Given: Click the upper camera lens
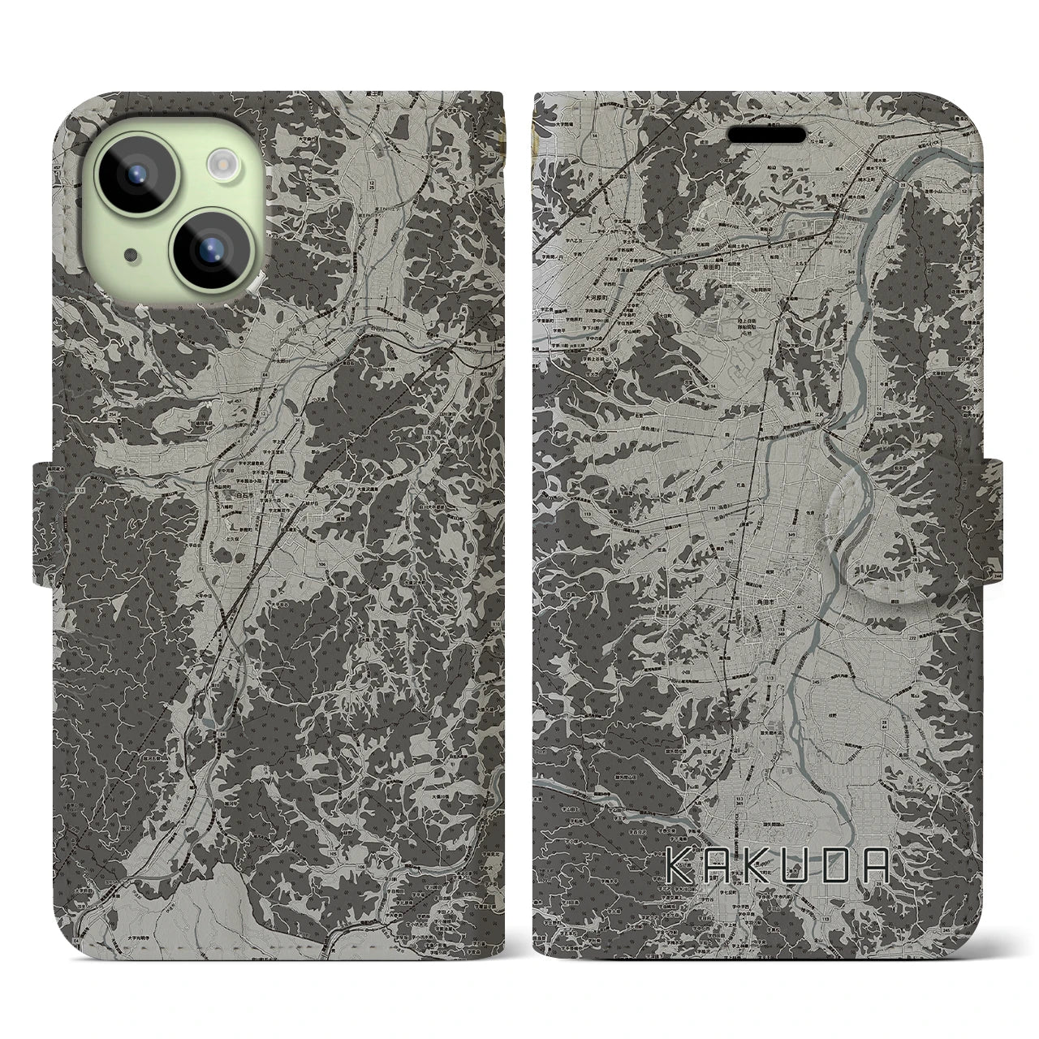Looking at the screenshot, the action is point(136,172).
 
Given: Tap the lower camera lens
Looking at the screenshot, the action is point(209,248).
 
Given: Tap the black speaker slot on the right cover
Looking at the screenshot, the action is point(765,133).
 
